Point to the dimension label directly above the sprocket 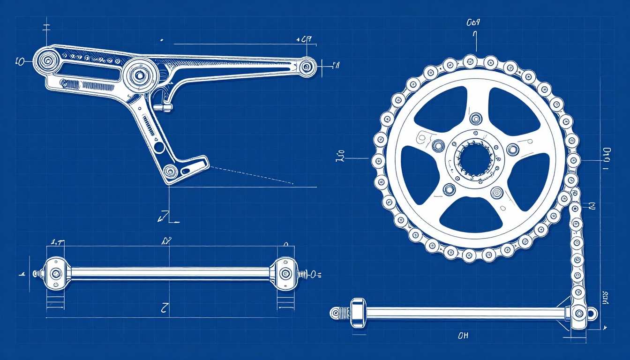click(x=473, y=22)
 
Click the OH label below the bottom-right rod click(x=462, y=336)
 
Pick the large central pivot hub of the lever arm click(x=139, y=74)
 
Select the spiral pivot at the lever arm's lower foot click(x=170, y=171)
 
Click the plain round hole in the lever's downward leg click(x=159, y=147)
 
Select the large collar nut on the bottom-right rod click(x=357, y=312)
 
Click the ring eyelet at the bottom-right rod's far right click(x=593, y=313)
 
